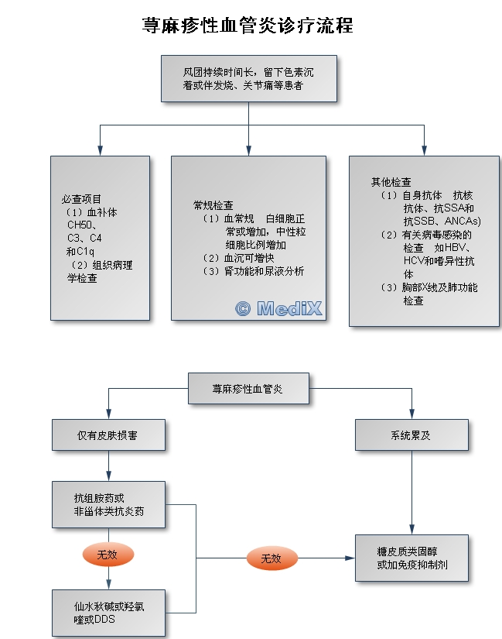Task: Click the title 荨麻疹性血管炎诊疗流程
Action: pyautogui.click(x=248, y=26)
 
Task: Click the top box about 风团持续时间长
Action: pyautogui.click(x=248, y=78)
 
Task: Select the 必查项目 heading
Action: pyautogui.click(x=81, y=199)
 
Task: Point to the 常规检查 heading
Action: pyautogui.click(x=213, y=205)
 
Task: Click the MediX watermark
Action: pyautogui.click(x=278, y=308)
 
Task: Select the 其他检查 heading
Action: pyautogui.click(x=391, y=182)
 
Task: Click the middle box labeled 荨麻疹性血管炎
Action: pyautogui.click(x=248, y=388)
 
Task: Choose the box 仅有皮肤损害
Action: pyautogui.click(x=108, y=435)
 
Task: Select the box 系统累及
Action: pyautogui.click(x=412, y=435)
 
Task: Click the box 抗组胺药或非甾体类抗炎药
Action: pyautogui.click(x=108, y=505)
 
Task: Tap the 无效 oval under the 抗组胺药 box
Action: pyautogui.click(x=108, y=555)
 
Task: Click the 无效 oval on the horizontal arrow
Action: pyautogui.click(x=271, y=558)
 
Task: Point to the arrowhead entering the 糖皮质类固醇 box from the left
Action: pyautogui.click(x=350, y=558)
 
